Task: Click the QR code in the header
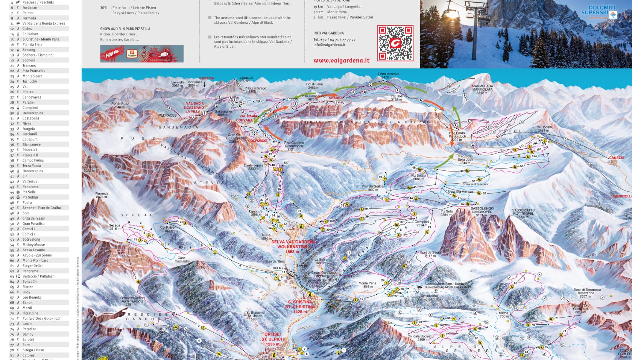click(395, 43)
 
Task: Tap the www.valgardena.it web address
click(341, 60)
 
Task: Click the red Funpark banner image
click(142, 54)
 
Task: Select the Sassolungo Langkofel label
click(482, 211)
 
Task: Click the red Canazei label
click(617, 158)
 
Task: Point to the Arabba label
click(336, 98)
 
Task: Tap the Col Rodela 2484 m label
click(544, 129)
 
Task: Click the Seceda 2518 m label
click(115, 227)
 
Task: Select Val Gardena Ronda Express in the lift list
click(44, 23)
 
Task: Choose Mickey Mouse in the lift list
click(33, 245)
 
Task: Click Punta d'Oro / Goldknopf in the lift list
click(41, 318)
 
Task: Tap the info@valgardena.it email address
click(329, 45)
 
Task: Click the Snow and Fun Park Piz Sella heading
click(125, 29)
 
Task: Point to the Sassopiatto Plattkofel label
click(523, 214)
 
